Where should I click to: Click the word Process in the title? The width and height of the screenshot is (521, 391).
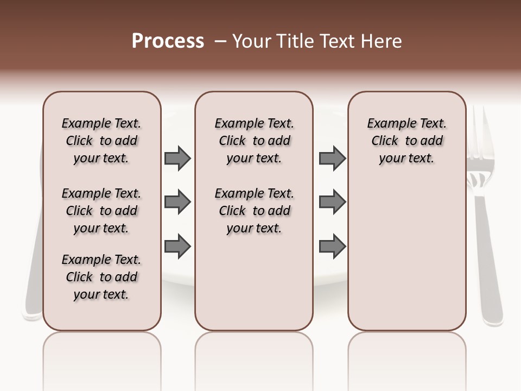point(168,41)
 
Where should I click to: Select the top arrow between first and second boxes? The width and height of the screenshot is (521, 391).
point(177,159)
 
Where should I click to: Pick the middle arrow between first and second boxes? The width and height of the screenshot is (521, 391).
point(177,203)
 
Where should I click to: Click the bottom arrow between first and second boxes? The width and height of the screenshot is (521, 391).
point(177,247)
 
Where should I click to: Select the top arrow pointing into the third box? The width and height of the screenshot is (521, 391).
point(332,159)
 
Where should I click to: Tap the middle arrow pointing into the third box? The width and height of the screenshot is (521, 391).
point(332,203)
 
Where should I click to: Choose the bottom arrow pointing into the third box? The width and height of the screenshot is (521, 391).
point(332,247)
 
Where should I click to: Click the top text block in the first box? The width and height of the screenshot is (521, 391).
point(101,141)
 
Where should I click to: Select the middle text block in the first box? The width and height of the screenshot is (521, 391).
point(101,211)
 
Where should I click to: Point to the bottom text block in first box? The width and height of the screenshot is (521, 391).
point(101,277)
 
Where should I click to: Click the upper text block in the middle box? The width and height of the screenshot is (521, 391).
point(255,141)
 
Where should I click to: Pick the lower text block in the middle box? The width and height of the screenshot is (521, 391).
point(255,211)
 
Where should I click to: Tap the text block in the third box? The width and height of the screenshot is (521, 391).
point(407,141)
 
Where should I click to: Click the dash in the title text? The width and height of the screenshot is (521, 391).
point(220,42)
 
